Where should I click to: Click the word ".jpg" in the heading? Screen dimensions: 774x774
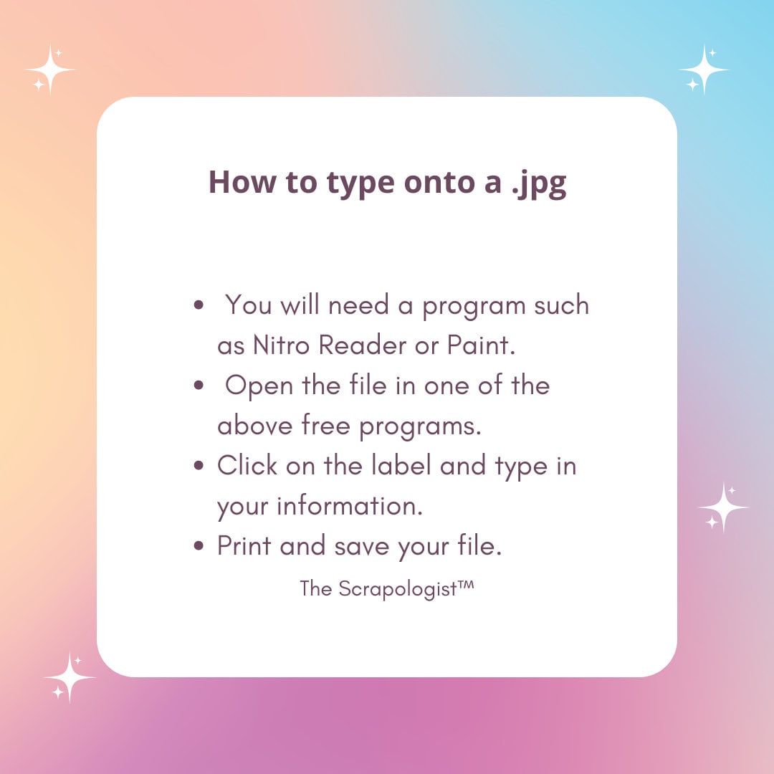[x=539, y=183]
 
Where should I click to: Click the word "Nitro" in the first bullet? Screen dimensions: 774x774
[x=282, y=345]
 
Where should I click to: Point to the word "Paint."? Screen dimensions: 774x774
[x=482, y=345]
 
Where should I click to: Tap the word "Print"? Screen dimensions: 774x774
[x=244, y=546]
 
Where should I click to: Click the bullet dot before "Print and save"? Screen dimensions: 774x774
[x=199, y=547]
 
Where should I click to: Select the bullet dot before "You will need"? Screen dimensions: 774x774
[x=199, y=306]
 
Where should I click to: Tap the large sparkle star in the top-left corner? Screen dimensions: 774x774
[x=50, y=70]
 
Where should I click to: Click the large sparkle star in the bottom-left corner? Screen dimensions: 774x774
[x=70, y=677]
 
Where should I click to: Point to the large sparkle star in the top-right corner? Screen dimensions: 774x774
[x=704, y=70]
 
